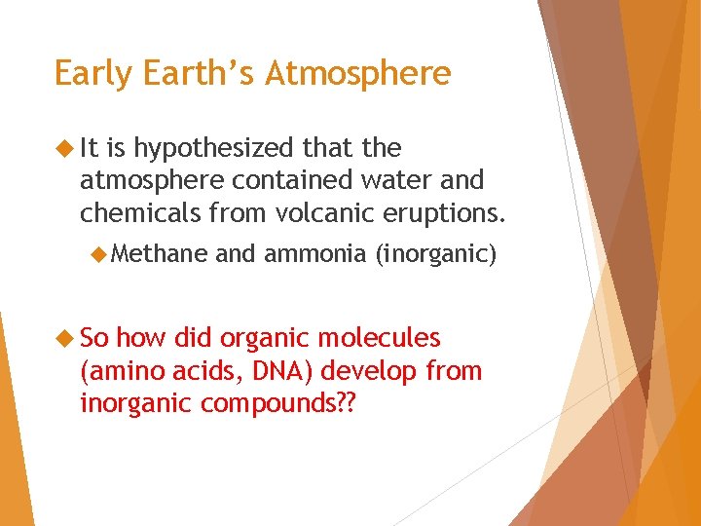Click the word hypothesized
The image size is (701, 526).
tap(212, 149)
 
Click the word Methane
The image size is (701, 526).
tap(160, 255)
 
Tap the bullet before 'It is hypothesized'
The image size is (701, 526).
tap(65, 149)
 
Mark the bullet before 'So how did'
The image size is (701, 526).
tap(65, 339)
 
